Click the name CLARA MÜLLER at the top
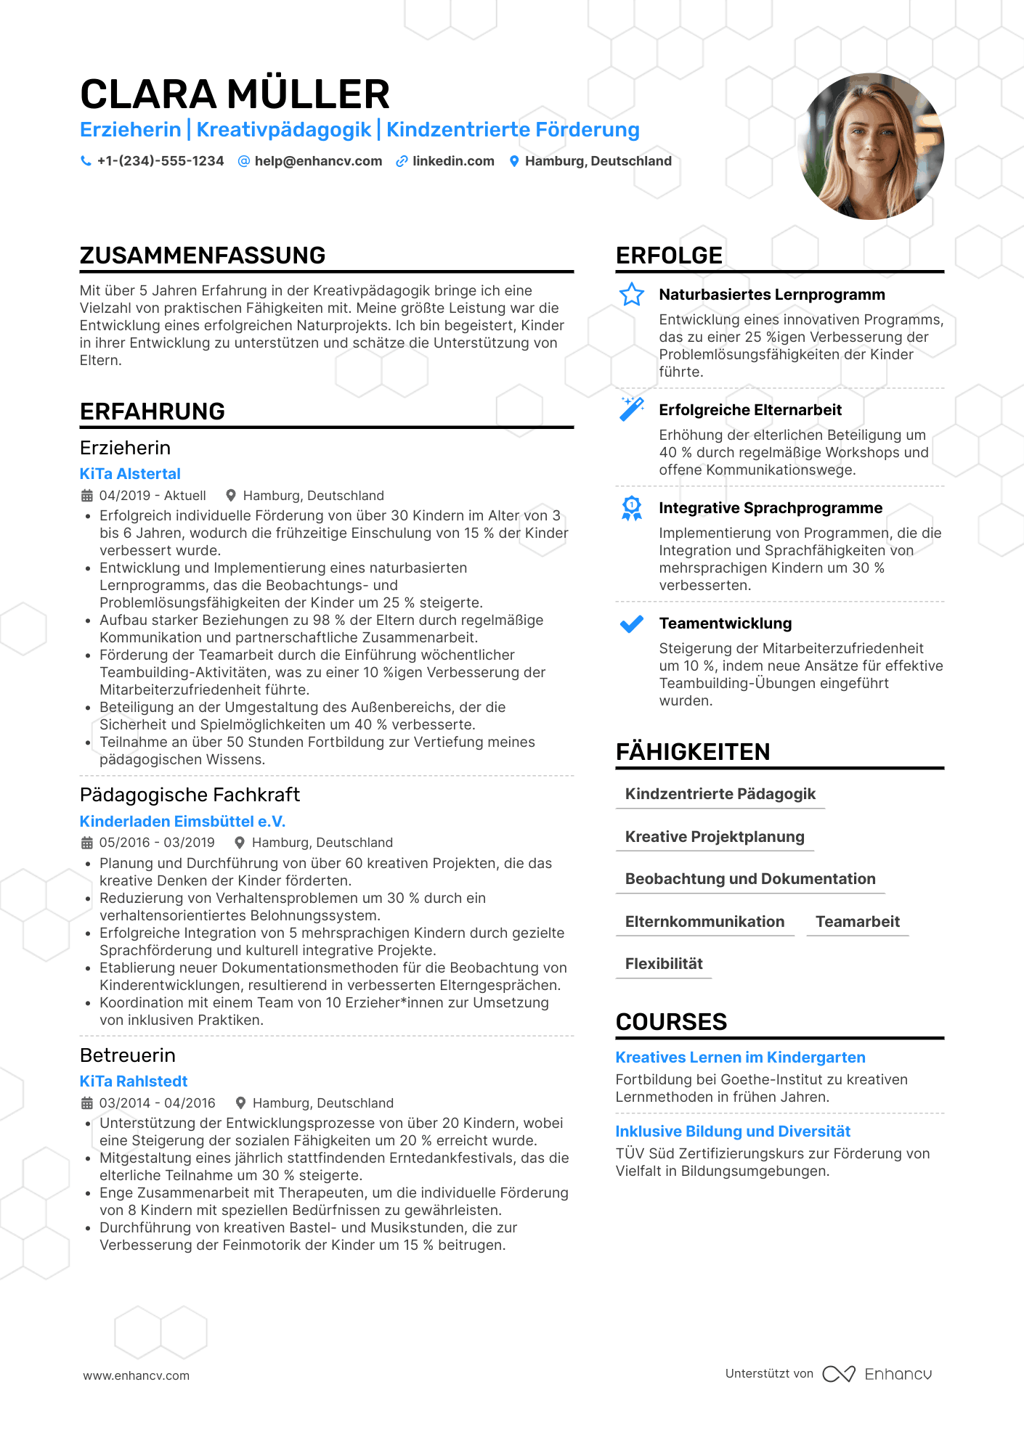tap(235, 94)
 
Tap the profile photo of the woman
tap(871, 146)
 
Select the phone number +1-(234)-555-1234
tap(160, 161)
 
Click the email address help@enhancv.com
tap(318, 161)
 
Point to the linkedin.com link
tap(453, 161)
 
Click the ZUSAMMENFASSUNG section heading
tap(203, 255)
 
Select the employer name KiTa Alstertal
tap(130, 474)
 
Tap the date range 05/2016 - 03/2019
tap(157, 843)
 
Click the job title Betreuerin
tap(128, 1055)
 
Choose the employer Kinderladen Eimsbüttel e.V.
tap(182, 822)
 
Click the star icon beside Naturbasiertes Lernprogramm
tap(632, 295)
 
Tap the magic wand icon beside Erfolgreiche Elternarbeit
tap(632, 409)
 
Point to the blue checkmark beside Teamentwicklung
tap(632, 623)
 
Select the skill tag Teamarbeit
tap(858, 922)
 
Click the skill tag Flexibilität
tap(664, 964)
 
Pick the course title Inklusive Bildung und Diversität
tap(733, 1132)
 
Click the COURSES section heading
tap(671, 1022)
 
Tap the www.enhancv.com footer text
tap(137, 1375)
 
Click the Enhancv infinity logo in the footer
tap(839, 1374)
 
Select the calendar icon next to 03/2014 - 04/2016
tap(87, 1103)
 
